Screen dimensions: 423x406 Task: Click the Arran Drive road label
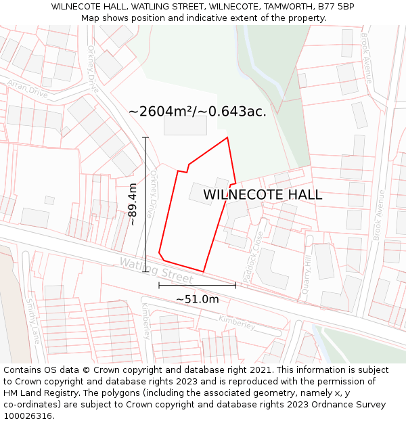[28, 89]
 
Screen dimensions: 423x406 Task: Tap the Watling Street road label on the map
[156, 270]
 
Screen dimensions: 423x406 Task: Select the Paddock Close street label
[254, 248]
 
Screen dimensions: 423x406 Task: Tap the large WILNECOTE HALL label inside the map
[263, 195]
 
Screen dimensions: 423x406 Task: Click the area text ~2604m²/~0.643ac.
[197, 112]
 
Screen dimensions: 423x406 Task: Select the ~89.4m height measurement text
[133, 204]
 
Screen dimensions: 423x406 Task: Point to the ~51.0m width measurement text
[198, 299]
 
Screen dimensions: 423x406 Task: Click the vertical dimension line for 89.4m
[145, 203]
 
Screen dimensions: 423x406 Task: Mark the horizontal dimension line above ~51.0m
[198, 285]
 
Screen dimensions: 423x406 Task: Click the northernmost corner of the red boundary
[227, 138]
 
